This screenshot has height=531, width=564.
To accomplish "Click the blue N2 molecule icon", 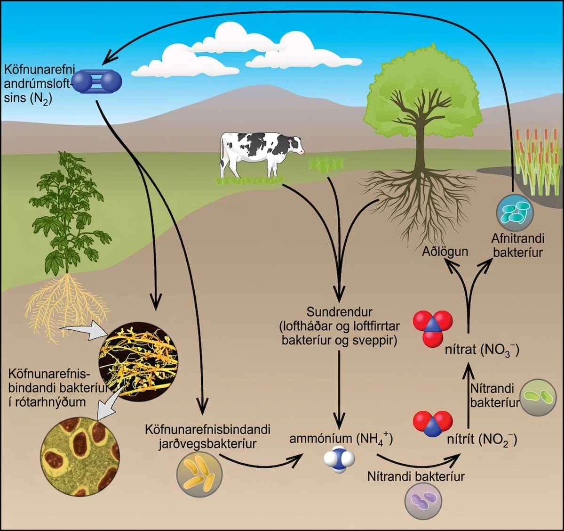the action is click(97, 82).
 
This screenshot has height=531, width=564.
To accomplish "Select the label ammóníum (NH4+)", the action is click(341, 439).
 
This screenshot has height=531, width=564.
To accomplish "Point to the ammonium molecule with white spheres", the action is click(339, 459).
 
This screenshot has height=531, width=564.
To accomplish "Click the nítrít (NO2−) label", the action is click(482, 440).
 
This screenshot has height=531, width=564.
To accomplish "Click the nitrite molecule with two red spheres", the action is click(433, 424).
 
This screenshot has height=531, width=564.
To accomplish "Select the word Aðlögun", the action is click(445, 251).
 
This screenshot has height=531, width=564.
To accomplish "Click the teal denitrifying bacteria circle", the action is click(515, 213).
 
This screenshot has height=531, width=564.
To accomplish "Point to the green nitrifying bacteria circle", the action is click(538, 397).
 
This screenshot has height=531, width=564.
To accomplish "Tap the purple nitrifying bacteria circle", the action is click(423, 501).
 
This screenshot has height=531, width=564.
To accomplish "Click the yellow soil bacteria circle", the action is click(199, 474).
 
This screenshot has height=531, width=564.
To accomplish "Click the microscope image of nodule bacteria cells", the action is click(80, 457).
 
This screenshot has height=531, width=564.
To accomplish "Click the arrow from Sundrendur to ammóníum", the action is click(339, 389).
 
